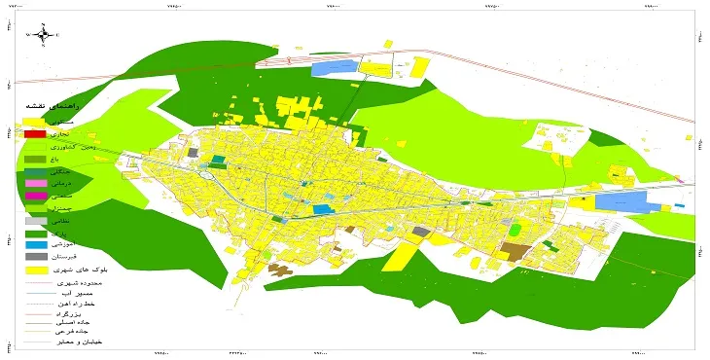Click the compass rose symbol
(44, 36)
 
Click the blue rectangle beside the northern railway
(334, 68)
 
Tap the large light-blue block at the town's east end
(621, 201)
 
